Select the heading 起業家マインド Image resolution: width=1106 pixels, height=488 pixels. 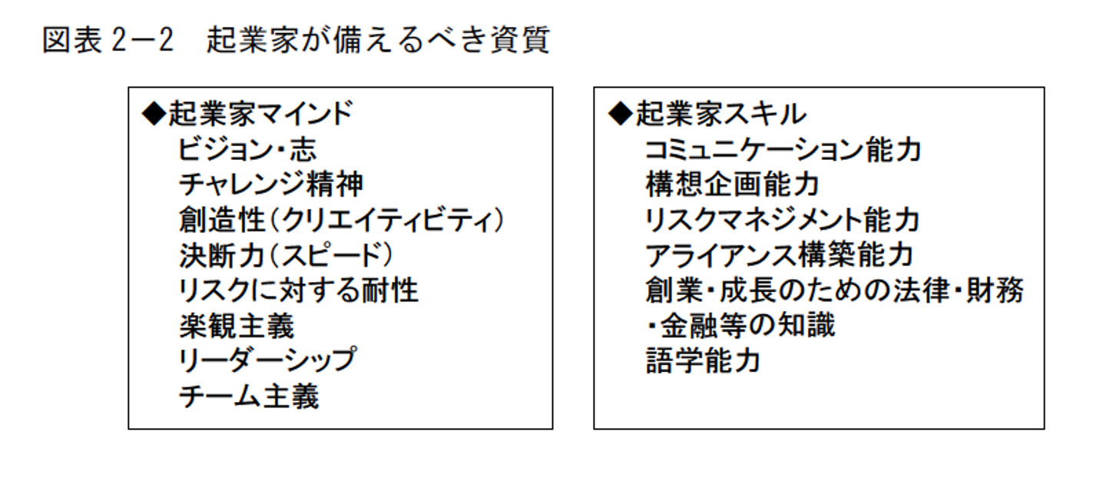click(x=260, y=115)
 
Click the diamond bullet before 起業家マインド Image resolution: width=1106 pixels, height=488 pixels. click(x=154, y=115)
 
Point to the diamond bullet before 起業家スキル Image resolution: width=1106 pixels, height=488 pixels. click(x=619, y=115)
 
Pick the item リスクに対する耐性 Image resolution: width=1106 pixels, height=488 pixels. click(x=299, y=291)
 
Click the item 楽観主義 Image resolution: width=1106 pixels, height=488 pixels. click(x=236, y=327)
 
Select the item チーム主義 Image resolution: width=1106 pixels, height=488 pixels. click(x=248, y=397)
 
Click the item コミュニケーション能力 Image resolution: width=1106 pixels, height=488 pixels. click(x=783, y=150)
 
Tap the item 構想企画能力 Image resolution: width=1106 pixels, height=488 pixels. click(x=732, y=185)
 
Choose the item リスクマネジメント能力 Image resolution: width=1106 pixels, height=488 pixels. click(x=782, y=221)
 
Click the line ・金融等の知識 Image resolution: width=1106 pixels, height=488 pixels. click(x=740, y=327)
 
